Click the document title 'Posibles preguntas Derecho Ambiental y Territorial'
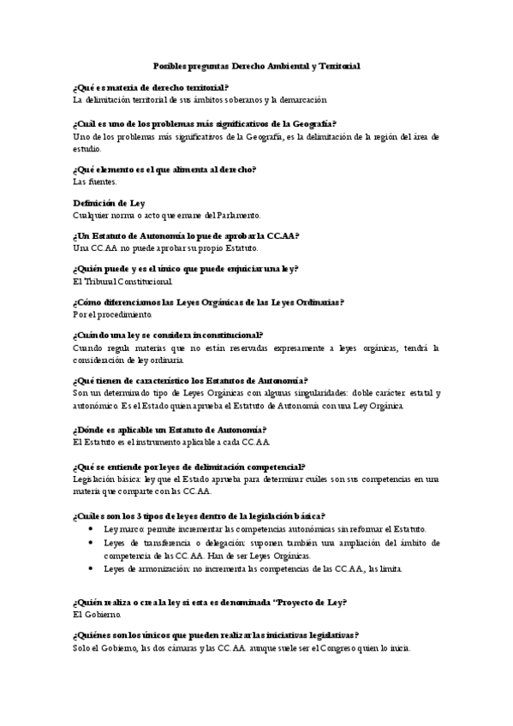tap(256, 65)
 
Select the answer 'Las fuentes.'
tap(94, 181)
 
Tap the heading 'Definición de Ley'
tap(109, 203)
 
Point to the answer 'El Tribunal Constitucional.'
tap(122, 281)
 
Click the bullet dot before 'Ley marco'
tap(92, 530)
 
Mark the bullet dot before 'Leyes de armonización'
tap(92, 568)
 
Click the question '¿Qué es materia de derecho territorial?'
tap(151, 87)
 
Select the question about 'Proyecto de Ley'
tap(210, 602)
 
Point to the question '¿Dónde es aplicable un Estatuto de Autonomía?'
tap(170, 429)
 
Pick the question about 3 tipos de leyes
tap(199, 515)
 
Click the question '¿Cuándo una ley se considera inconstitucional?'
tap(169, 336)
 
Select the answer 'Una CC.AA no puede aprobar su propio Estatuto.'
tap(165, 247)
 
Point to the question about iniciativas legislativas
tap(216, 635)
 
